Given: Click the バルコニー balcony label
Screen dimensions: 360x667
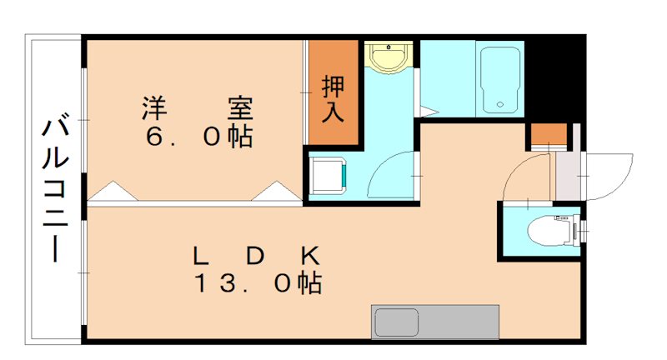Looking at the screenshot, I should pos(56,190).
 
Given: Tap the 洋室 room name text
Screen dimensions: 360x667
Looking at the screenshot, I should pos(198,108).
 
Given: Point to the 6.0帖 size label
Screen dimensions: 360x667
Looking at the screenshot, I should pos(198,137).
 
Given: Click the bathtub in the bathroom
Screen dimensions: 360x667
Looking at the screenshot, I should pos(500,80).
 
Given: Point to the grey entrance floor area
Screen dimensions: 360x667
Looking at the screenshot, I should pos(566,171).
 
